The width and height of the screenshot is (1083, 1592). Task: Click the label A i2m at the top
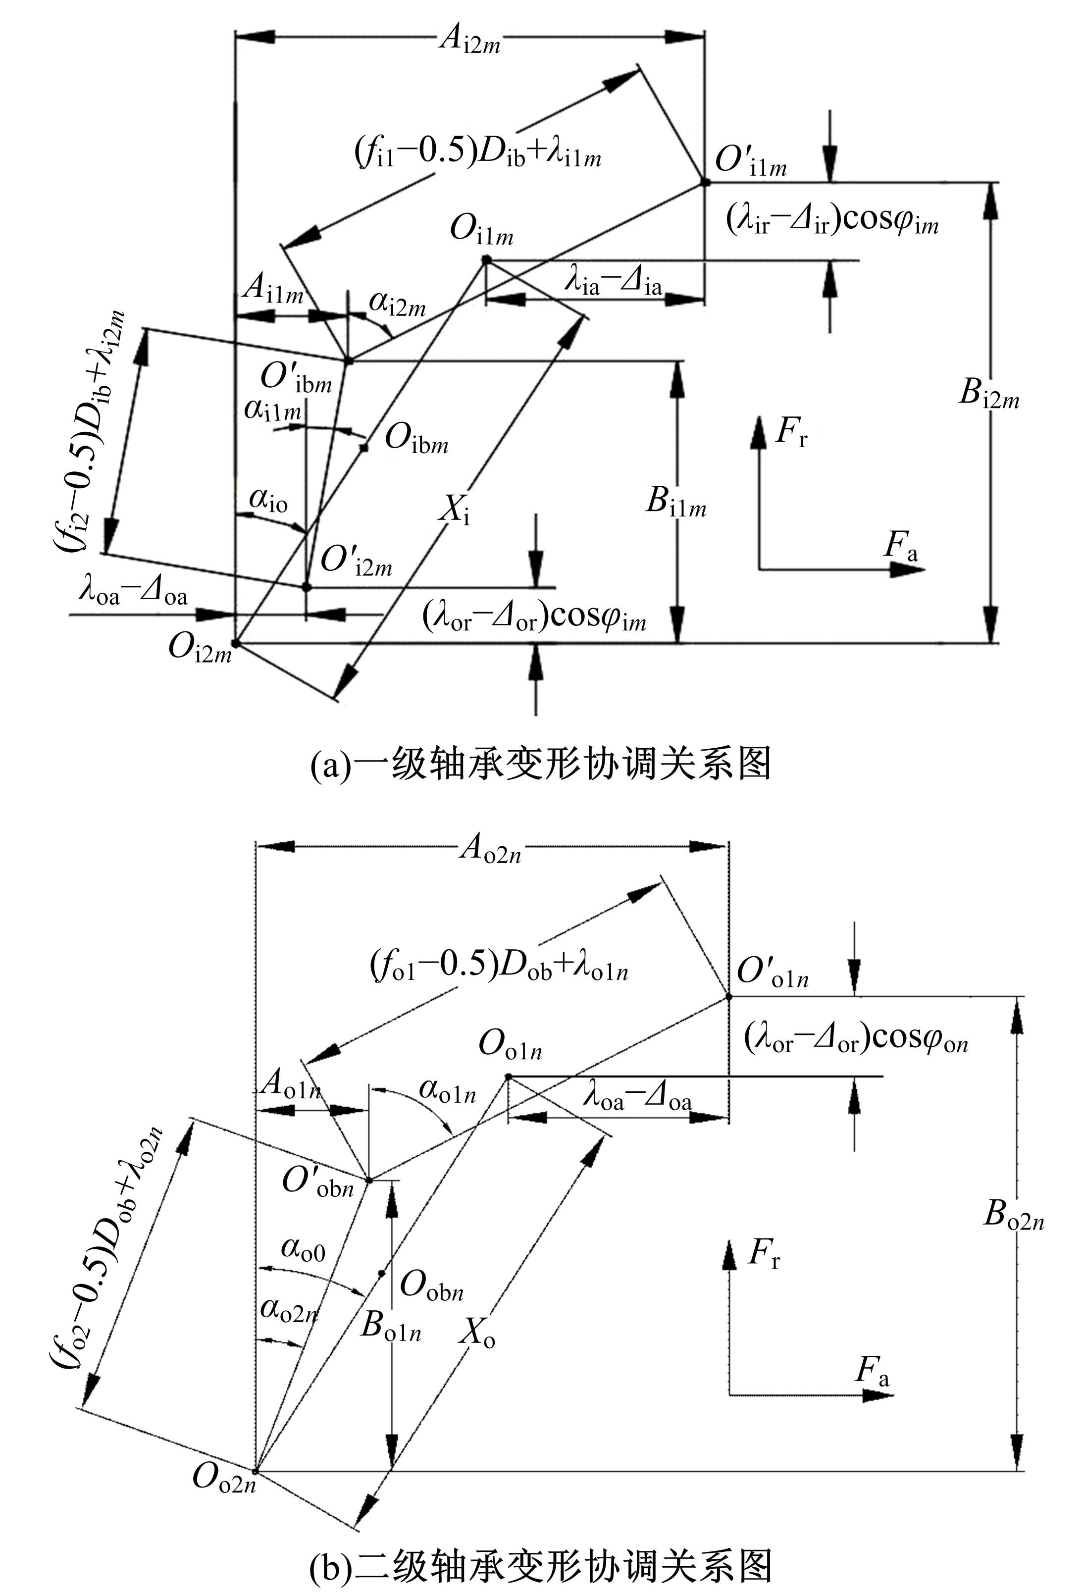point(469,40)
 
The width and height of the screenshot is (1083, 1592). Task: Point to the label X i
point(455,510)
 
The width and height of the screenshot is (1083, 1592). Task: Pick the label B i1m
point(675,502)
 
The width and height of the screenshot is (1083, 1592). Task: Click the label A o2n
point(490,849)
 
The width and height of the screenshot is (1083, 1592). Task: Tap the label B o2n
point(1014,1215)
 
